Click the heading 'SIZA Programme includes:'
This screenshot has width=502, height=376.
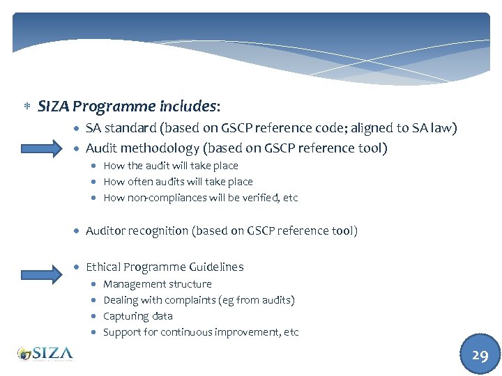coord(129,107)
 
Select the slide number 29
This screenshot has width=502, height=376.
coord(480,355)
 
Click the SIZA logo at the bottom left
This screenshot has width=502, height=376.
coord(45,353)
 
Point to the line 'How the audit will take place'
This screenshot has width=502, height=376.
coord(170,166)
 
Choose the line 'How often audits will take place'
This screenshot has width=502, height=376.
coord(178,182)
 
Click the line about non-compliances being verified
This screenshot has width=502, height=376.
coord(200,198)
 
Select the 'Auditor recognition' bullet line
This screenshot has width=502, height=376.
coord(221,230)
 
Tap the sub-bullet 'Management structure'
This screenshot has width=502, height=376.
coord(157,284)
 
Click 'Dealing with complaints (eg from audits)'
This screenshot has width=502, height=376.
coord(199,300)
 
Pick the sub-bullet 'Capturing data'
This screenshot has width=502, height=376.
coord(137,316)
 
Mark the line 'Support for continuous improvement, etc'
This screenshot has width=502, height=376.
coord(200,332)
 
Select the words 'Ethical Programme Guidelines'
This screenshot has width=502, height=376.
coord(165,267)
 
